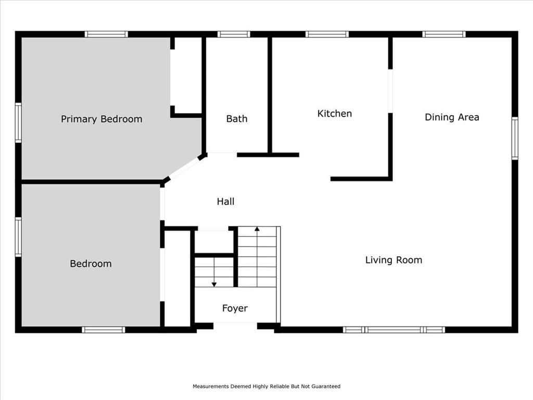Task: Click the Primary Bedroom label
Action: pyautogui.click(x=101, y=119)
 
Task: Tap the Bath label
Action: pyautogui.click(x=237, y=119)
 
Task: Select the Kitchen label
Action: pyautogui.click(x=335, y=114)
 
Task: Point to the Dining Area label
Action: pyautogui.click(x=452, y=117)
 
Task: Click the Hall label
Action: pyautogui.click(x=226, y=202)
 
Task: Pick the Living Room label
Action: pyautogui.click(x=394, y=260)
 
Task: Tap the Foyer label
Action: pyautogui.click(x=235, y=308)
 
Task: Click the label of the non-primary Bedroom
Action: pyautogui.click(x=91, y=264)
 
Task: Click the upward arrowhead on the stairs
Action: pyautogui.click(x=257, y=229)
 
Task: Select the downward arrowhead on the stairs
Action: pyautogui.click(x=214, y=284)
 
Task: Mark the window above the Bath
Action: pyautogui.click(x=234, y=34)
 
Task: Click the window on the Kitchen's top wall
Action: pyautogui.click(x=327, y=34)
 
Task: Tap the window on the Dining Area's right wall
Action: pyautogui.click(x=515, y=138)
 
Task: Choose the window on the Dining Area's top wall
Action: pyautogui.click(x=444, y=34)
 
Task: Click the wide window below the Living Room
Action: pyautogui.click(x=394, y=330)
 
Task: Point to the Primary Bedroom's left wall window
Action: pyautogui.click(x=18, y=122)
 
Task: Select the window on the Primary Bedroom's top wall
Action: pyautogui.click(x=106, y=34)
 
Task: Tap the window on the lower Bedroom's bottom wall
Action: pyautogui.click(x=104, y=330)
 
